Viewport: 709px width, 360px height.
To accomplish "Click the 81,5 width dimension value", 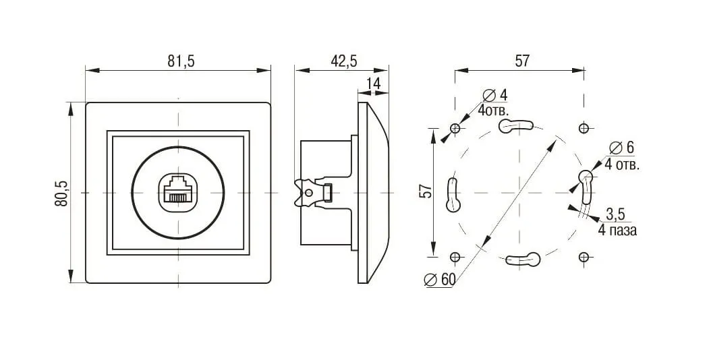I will point(181,61).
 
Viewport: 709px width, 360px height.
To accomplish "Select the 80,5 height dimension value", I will point(61,193).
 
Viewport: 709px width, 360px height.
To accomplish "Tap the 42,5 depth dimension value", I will point(343,61).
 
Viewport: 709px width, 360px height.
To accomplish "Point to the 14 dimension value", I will point(373,84).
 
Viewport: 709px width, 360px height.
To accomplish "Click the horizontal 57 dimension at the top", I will point(522,61).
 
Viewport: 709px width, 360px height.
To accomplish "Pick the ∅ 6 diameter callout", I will point(621,148).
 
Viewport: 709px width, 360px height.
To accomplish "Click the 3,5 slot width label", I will point(615,214).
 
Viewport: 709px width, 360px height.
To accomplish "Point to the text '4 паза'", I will point(617,230).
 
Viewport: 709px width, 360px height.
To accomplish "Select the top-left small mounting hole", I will point(456,128).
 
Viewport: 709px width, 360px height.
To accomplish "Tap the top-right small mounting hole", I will point(584,128).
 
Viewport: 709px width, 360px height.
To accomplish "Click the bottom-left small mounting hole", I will point(456,256).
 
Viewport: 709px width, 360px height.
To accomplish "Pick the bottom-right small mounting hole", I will point(584,256).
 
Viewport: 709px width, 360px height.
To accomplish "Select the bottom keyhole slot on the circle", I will point(524,259).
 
